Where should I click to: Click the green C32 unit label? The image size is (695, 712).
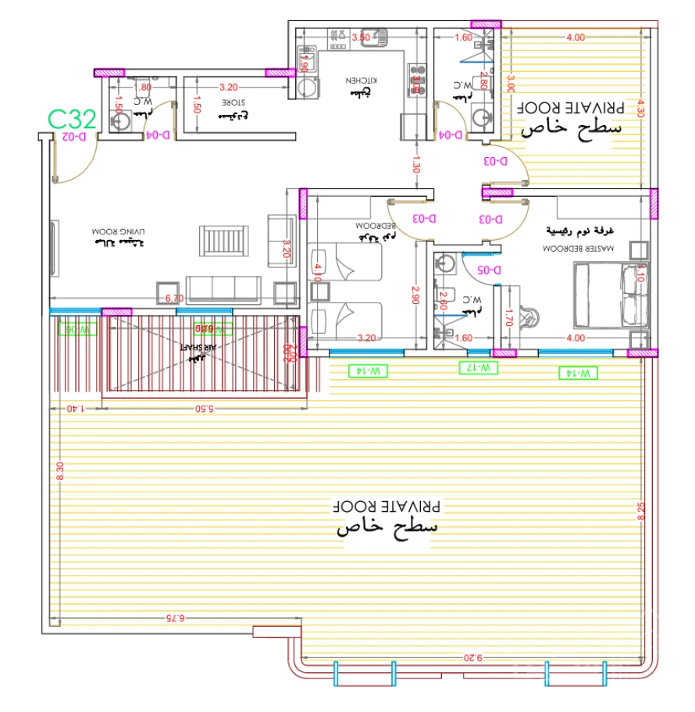coord(72,119)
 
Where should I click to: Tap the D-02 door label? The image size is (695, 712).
coord(74,137)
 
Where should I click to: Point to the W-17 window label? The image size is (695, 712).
coord(476,367)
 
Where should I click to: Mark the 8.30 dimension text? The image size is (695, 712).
coord(59,473)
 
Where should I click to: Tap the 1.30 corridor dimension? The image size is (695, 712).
coord(417,164)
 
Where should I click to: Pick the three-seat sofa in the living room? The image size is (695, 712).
coord(223,289)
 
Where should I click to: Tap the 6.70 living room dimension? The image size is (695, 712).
coord(175,299)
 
